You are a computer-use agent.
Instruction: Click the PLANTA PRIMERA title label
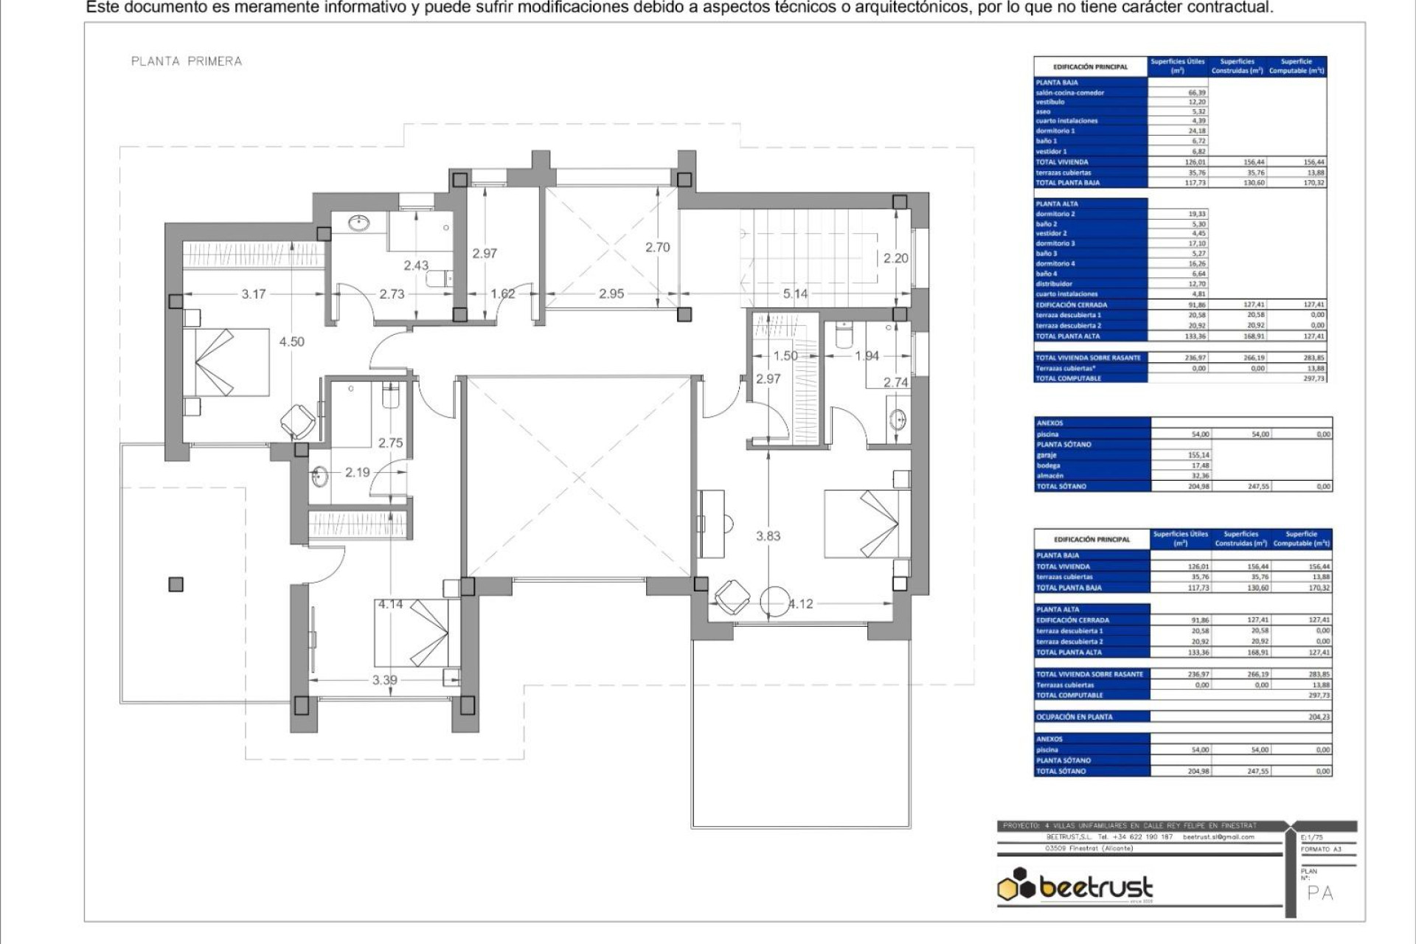187,61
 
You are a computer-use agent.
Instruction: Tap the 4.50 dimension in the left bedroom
291,341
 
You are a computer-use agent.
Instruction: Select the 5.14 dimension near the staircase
795,294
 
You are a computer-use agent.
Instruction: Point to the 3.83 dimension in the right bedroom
768,536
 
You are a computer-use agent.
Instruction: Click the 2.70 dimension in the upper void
657,247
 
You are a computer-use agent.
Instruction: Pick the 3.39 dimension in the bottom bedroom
384,680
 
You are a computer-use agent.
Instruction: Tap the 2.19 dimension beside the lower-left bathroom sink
357,472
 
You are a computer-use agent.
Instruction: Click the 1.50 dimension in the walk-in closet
785,355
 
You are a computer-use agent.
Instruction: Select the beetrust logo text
1095,887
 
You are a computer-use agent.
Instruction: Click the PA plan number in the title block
1320,893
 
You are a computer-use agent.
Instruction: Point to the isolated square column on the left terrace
176,585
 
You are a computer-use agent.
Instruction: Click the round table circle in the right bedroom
774,601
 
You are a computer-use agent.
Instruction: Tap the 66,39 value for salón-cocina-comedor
1197,93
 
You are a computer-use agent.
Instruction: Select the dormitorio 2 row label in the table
1055,214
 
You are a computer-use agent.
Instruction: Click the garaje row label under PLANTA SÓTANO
1047,455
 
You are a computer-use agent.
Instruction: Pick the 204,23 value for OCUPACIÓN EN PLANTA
1319,717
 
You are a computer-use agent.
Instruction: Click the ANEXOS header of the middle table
1049,423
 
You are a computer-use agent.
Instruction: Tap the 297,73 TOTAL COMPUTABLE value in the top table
1313,378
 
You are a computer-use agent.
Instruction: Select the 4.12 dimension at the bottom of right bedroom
801,604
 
